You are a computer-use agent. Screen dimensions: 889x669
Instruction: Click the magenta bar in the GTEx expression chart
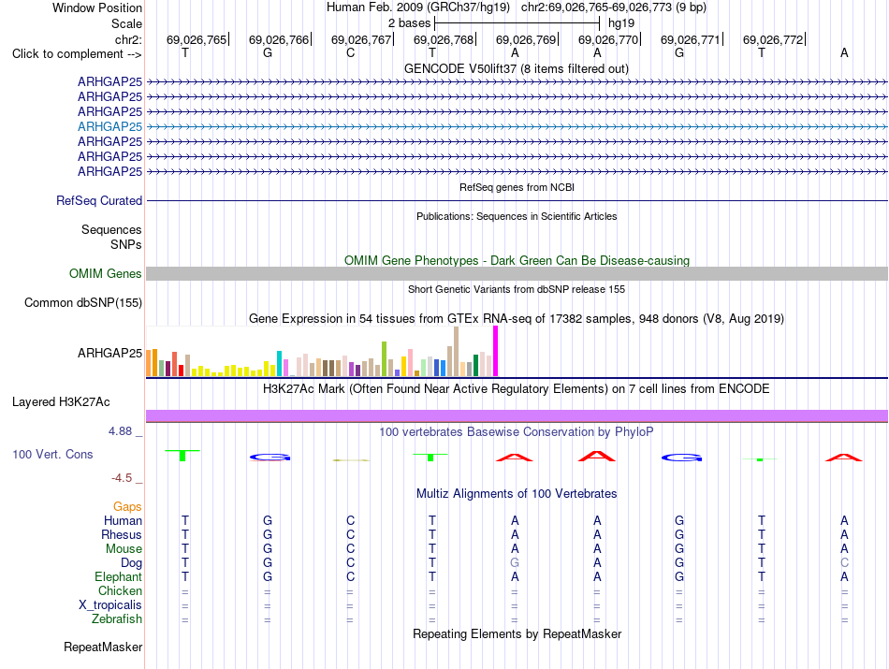(x=496, y=351)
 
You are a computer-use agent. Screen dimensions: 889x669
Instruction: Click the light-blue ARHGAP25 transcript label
(x=110, y=126)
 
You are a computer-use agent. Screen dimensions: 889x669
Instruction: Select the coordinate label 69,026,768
(x=444, y=39)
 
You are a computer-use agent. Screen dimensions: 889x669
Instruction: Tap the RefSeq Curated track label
(x=99, y=200)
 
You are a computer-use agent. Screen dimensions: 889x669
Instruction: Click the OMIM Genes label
(x=106, y=273)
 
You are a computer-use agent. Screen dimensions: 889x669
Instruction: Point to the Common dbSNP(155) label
(x=83, y=303)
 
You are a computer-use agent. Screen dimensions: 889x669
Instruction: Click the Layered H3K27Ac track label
(x=61, y=402)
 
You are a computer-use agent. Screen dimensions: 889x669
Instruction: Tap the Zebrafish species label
(x=117, y=618)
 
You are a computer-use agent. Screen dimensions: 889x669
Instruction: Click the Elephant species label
(x=119, y=576)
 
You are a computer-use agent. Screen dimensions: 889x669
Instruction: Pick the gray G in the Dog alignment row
(x=515, y=563)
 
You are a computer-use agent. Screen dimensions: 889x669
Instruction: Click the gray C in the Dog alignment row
(x=845, y=563)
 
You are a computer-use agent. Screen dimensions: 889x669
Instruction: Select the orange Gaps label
(x=127, y=506)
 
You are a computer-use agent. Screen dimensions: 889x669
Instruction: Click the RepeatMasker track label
(x=103, y=647)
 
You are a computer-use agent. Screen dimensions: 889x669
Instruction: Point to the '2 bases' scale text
(x=409, y=23)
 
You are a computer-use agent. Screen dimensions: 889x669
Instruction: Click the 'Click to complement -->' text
(x=77, y=54)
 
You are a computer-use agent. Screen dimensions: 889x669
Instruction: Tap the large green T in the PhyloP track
(x=182, y=455)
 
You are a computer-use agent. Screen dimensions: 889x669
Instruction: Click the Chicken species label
(x=120, y=590)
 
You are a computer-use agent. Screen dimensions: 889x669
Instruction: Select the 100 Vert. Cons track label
(x=52, y=454)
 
